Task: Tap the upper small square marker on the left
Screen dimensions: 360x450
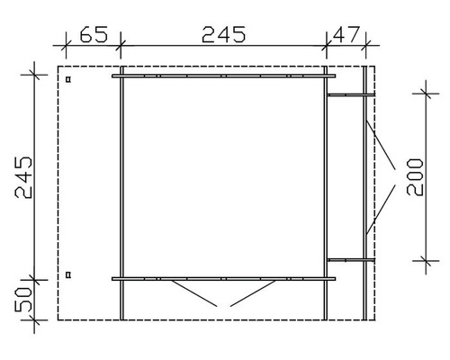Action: [68, 80]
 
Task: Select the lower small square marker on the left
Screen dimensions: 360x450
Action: [68, 273]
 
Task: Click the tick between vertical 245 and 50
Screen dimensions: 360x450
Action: [33, 278]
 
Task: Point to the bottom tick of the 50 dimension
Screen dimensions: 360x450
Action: [33, 319]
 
